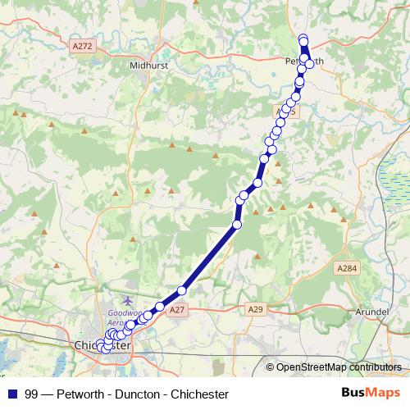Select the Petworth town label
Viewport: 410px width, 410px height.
coord(303,61)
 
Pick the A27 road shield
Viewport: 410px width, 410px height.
coord(178,310)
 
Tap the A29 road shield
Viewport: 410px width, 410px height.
coord(257,310)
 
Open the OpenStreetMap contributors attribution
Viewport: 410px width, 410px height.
coord(338,367)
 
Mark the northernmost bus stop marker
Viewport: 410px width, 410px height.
coord(303,39)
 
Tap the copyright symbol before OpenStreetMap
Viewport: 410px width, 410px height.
coord(271,367)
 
